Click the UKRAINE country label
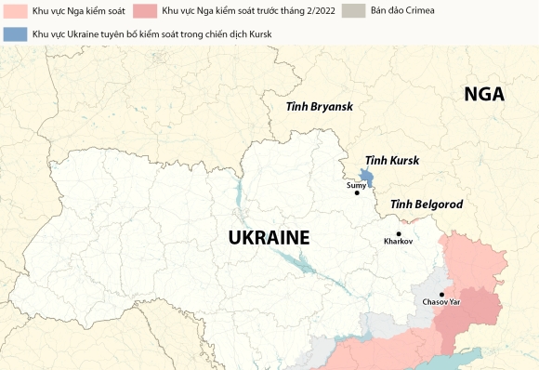[269, 237]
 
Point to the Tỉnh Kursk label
[391, 160]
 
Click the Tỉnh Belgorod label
[426, 204]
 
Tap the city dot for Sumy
[357, 193]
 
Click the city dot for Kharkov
[399, 233]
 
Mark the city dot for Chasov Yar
[442, 294]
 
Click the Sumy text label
[356, 185]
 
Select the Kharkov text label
[399, 242]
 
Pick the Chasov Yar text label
[441, 303]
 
